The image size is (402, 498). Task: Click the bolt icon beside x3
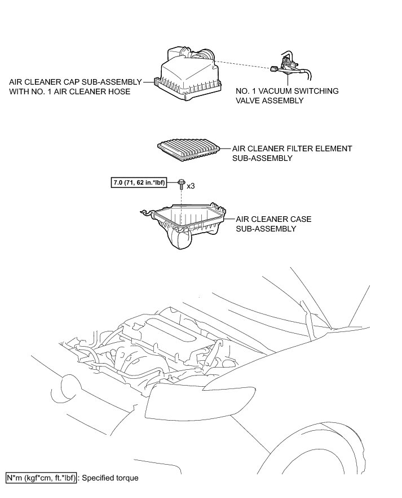tap(180, 184)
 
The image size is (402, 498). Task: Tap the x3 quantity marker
tap(191, 185)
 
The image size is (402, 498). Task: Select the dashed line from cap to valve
tap(242, 62)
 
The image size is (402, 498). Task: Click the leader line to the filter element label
tap(226, 148)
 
